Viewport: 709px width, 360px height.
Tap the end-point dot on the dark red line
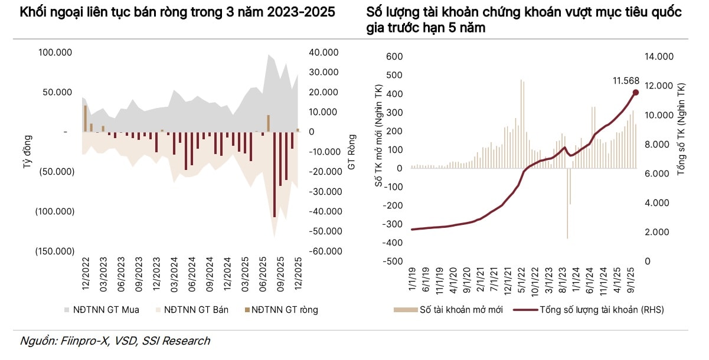(x=636, y=92)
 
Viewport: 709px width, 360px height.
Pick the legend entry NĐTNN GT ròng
(x=284, y=309)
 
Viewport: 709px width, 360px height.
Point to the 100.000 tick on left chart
(x=55, y=53)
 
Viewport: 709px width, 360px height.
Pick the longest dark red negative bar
(x=275, y=174)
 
